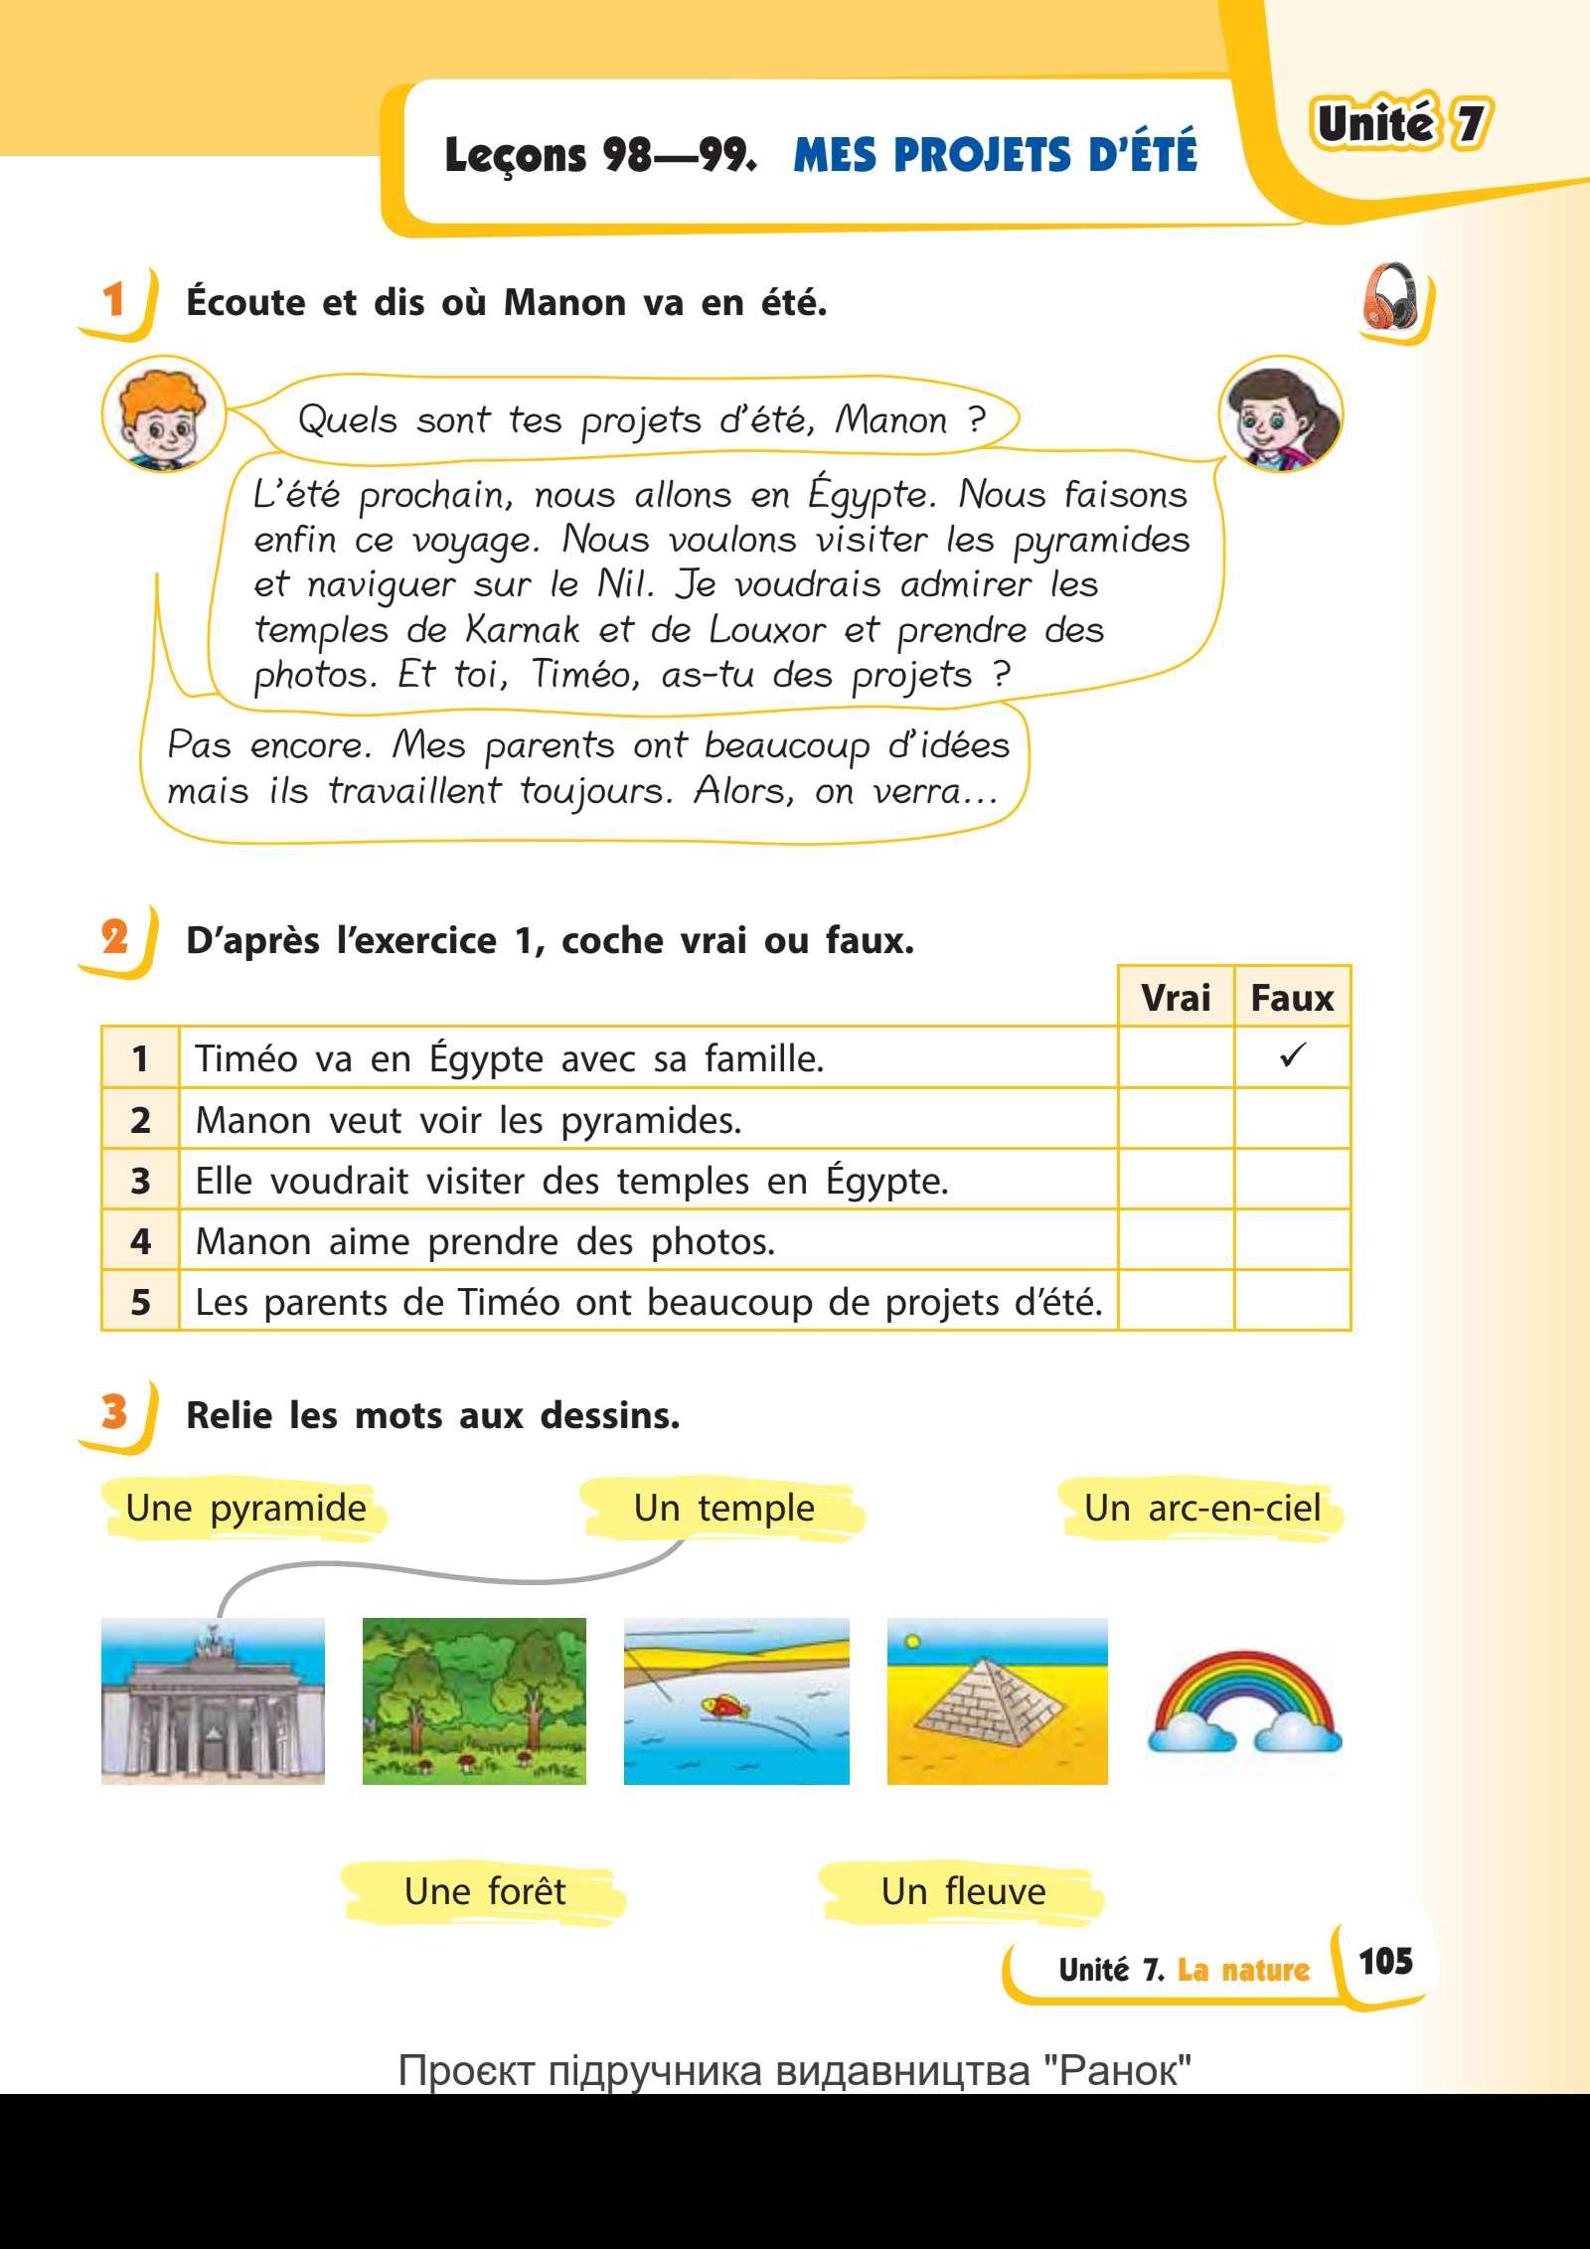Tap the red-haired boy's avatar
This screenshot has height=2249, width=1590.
point(164,418)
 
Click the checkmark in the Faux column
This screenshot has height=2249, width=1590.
point(1293,1056)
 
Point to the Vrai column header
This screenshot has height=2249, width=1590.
point(1176,997)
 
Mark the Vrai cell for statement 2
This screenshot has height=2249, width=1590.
point(1176,1119)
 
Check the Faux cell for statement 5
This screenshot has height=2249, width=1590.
point(1292,1301)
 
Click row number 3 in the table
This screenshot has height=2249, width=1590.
point(140,1181)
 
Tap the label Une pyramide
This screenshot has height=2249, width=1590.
point(245,1509)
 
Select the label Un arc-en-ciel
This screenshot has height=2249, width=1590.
point(1202,1509)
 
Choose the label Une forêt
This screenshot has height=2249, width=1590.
point(484,1890)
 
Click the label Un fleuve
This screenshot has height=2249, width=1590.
point(963,1890)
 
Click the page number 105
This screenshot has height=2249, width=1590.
point(1384,1961)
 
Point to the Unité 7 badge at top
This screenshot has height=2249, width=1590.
point(1402,125)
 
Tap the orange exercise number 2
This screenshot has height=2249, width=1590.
point(115,937)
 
